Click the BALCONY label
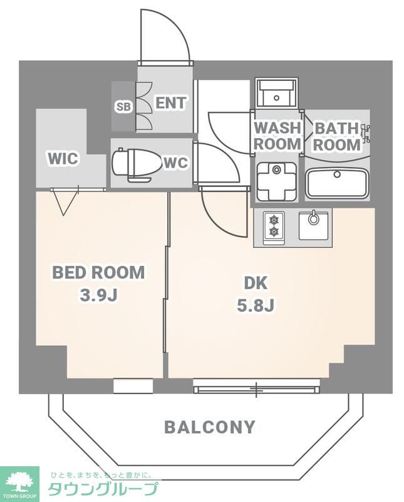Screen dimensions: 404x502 [210, 427]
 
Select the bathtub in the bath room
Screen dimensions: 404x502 [336, 184]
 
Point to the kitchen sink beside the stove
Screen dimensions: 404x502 [313, 225]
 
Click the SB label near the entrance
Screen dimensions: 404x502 [123, 107]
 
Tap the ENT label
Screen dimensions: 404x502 [170, 103]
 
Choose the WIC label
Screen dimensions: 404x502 [63, 159]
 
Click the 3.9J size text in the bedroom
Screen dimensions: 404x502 [98, 296]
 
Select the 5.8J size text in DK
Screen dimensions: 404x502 [256, 306]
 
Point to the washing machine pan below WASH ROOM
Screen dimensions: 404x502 [276, 181]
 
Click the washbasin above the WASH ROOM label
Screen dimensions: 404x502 [277, 93]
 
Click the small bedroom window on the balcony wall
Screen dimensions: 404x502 [133, 386]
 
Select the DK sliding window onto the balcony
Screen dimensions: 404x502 [257, 387]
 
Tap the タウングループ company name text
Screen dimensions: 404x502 [103, 489]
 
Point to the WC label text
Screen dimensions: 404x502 [175, 163]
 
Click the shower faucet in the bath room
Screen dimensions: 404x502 [365, 131]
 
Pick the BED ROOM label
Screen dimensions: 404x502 [98, 272]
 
